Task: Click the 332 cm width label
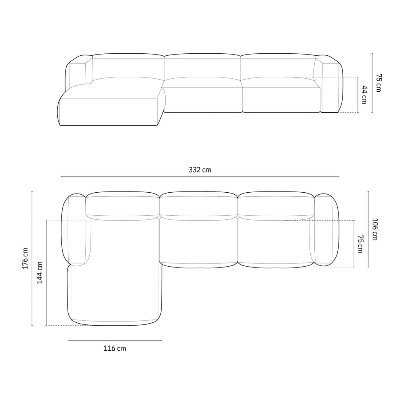pos(200,170)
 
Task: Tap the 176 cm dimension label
pos(25,259)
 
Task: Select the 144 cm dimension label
pos(40,273)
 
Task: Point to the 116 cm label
pos(115,348)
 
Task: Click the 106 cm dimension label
pos(375,229)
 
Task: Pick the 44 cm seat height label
pos(364,95)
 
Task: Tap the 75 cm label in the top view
pos(360,244)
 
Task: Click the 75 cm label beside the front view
pos(379,83)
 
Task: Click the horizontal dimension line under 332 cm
pos(200,177)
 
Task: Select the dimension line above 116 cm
pos(115,340)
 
